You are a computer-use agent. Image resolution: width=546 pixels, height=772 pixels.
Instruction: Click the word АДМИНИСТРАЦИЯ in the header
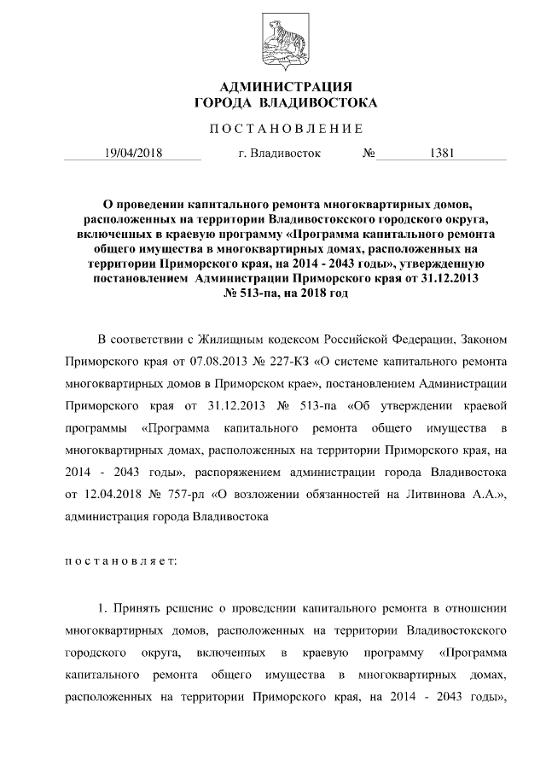click(x=286, y=88)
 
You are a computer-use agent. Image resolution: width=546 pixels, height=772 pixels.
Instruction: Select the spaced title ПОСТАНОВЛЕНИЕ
click(x=286, y=129)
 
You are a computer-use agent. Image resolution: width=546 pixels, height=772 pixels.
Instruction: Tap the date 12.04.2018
click(x=107, y=494)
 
